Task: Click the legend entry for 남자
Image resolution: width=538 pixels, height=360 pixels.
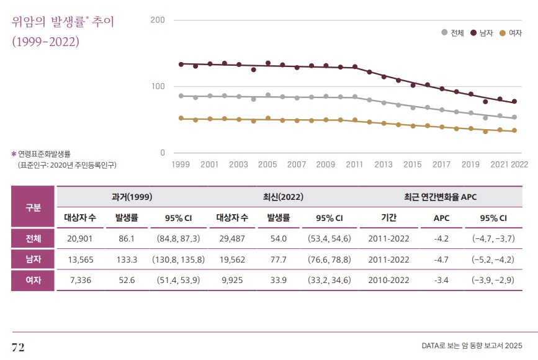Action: coord(482,32)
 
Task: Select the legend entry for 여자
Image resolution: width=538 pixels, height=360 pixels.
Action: coord(510,32)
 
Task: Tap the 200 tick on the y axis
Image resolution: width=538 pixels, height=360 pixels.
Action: coord(158,20)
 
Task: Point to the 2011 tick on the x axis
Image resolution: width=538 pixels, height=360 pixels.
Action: coord(354,164)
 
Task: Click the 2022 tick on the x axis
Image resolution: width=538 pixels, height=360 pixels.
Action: coord(519,164)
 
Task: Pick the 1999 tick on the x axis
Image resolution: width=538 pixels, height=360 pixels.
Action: coord(181,164)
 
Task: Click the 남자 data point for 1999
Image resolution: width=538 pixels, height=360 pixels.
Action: coord(181,64)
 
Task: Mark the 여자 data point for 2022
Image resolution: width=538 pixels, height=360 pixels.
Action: coord(514,130)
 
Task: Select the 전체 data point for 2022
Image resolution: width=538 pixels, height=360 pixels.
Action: coord(514,117)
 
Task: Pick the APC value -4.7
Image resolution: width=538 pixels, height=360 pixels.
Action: coord(441,259)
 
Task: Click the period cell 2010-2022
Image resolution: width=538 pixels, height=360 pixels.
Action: coord(389,280)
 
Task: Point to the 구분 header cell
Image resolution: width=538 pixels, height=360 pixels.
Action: coord(34,207)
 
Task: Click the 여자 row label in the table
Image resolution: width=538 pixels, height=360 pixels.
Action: coord(34,280)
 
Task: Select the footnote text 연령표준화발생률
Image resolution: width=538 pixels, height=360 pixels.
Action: coord(44,153)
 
